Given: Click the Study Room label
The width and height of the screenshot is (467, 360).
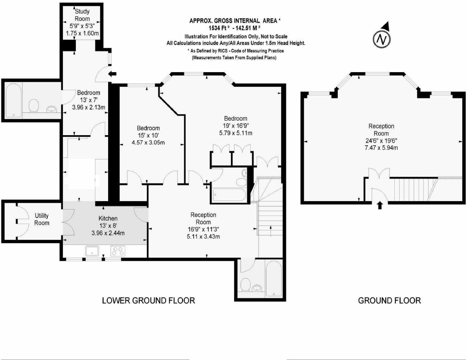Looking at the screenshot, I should click(x=82, y=15).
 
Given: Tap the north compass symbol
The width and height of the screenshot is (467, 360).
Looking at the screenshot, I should click(x=382, y=39).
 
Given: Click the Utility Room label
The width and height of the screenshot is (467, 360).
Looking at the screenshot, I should click(x=42, y=219).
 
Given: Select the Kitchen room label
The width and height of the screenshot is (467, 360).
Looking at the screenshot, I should click(x=108, y=218).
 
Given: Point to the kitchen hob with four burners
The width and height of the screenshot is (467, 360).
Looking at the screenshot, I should click(x=118, y=251).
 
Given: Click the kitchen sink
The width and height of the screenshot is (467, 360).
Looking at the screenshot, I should click(x=92, y=251).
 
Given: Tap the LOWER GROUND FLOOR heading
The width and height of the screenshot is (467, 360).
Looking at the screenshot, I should click(x=148, y=300).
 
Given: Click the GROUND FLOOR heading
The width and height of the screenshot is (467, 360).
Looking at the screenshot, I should click(x=389, y=300).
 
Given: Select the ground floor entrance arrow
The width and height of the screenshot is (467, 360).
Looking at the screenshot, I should click(x=380, y=205).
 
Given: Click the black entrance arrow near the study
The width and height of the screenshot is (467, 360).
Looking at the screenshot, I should click(x=113, y=74).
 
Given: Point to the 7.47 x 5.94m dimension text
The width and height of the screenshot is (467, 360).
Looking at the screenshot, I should click(x=381, y=148).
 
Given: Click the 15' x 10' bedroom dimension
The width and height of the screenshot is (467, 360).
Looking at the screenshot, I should click(x=148, y=135).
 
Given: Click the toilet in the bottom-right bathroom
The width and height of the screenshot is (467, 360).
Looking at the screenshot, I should click(x=245, y=285).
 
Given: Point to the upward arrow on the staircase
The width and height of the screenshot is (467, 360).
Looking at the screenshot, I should click(x=271, y=231).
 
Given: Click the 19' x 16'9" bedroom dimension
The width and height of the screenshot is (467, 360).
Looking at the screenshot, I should click(x=236, y=126).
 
